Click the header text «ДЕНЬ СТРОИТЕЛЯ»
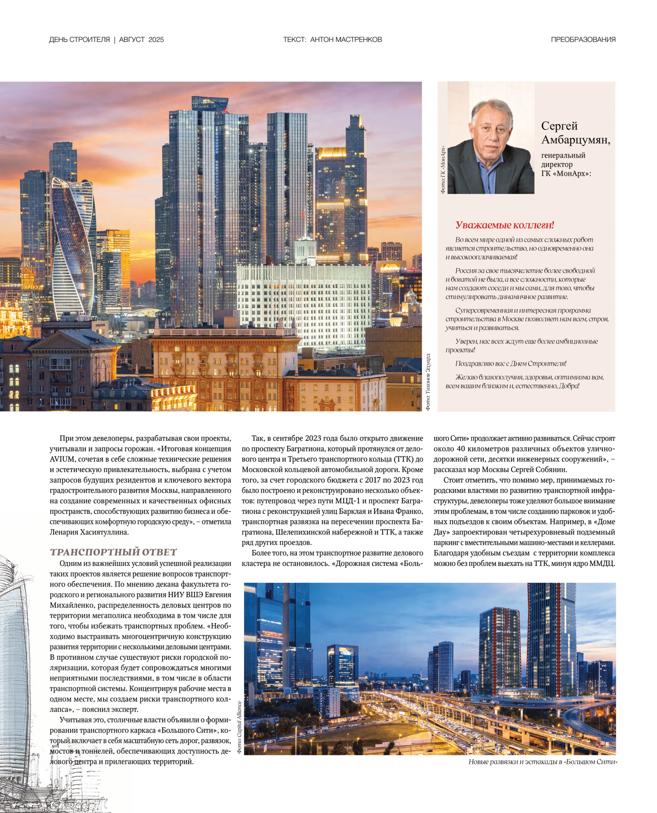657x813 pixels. (x=79, y=40)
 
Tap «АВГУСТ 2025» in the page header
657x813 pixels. (x=141, y=40)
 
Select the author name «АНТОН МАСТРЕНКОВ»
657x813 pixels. (x=346, y=40)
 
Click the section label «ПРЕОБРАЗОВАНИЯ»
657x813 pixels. (x=583, y=40)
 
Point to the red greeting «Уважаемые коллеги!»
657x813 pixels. (x=505, y=225)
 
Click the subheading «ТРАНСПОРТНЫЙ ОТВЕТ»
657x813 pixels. (x=113, y=552)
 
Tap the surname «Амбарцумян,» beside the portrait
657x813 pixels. (x=576, y=140)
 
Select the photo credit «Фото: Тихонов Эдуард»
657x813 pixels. (x=428, y=382)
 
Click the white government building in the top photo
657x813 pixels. (x=303, y=299)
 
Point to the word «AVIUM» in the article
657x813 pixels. (x=61, y=459)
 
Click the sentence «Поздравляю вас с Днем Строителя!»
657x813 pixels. (x=511, y=364)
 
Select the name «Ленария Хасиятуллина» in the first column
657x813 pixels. (x=89, y=532)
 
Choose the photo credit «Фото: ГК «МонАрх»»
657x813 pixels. (x=443, y=170)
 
